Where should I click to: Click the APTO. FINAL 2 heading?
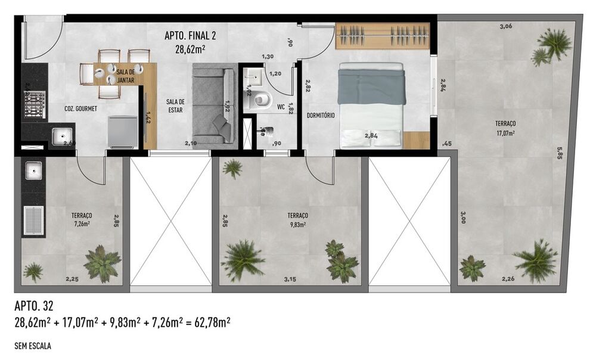point(190,36)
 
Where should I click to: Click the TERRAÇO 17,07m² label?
point(505,128)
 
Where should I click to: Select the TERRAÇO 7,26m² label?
point(81,219)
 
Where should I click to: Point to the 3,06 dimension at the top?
point(505,27)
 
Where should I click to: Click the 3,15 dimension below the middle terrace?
point(290,279)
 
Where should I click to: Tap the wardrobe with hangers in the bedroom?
point(382,36)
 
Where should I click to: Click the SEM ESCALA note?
point(34,345)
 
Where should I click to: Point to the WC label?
point(281,108)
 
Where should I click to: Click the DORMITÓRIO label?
point(321,115)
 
